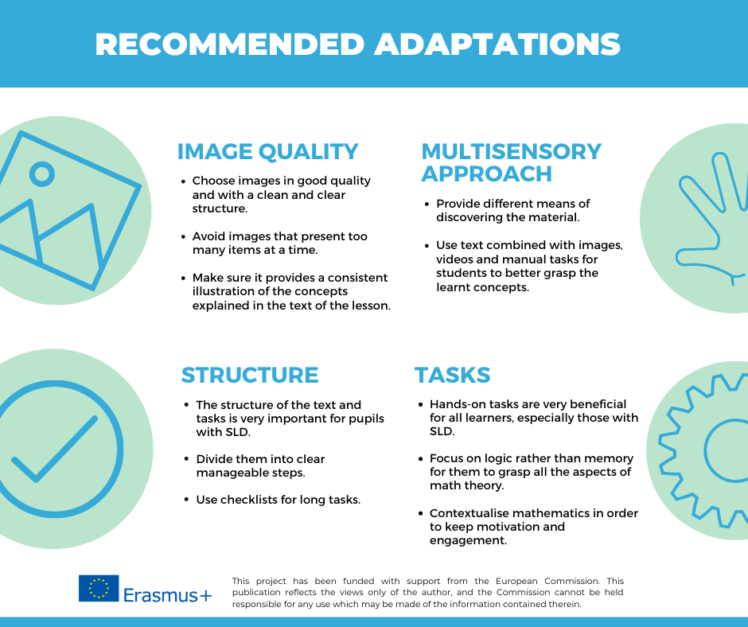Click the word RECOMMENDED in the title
tap(230, 45)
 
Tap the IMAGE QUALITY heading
tap(267, 152)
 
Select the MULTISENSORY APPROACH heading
tap(511, 162)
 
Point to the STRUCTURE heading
tap(250, 375)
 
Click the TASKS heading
tap(452, 375)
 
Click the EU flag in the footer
tap(99, 588)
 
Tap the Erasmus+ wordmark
tap(167, 595)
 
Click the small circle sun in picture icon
tap(42, 174)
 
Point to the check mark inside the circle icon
tap(54, 450)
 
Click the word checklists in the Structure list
tap(248, 500)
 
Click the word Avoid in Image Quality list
tap(207, 236)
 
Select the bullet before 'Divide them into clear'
tap(186, 459)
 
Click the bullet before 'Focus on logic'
tap(420, 458)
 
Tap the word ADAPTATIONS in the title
tap(497, 45)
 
